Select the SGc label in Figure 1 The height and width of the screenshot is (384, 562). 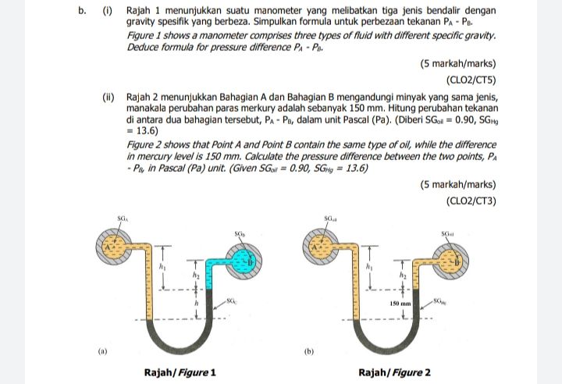coord(229,300)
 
